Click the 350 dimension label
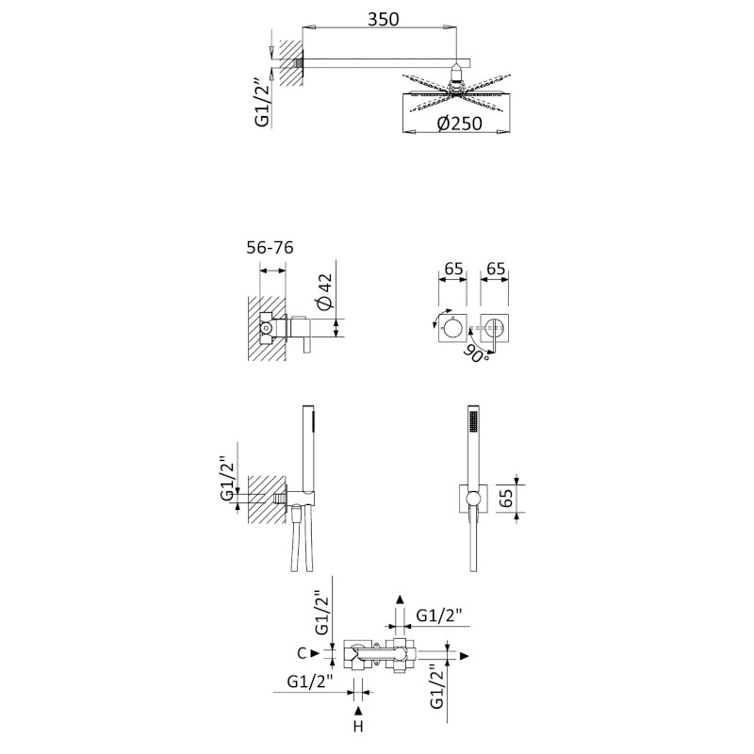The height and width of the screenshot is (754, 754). tap(384, 19)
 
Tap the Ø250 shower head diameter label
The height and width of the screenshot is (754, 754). tap(459, 123)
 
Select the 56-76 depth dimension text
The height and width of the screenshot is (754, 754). tap(270, 248)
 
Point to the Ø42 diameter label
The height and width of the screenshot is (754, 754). tap(324, 291)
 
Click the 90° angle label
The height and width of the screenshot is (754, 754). tap(476, 352)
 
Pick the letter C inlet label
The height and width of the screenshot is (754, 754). tap(302, 653)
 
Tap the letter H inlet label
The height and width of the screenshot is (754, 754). tap(358, 726)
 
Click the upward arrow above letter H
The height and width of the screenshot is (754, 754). tap(358, 711)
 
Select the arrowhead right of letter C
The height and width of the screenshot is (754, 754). tap(315, 653)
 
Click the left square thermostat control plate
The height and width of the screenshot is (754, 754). tap(452, 328)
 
